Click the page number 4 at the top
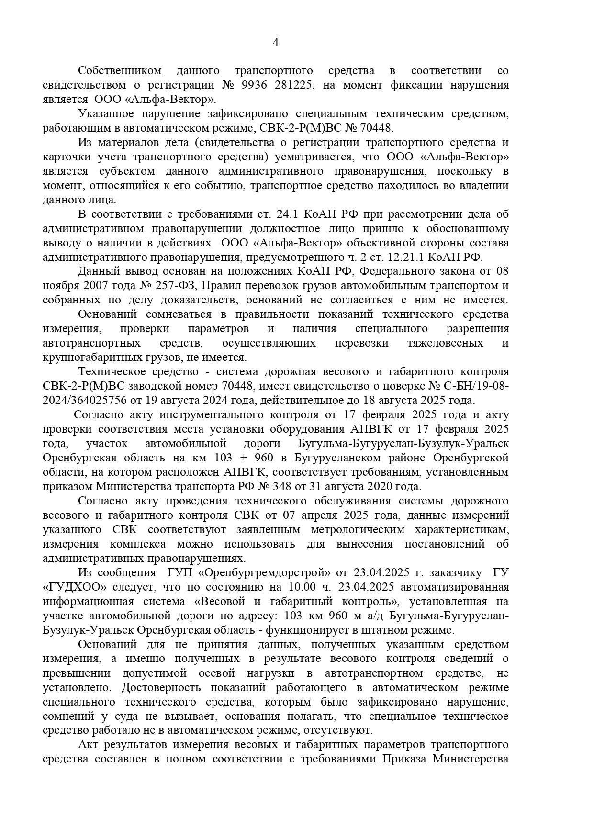point(275,43)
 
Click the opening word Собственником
point(120,71)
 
